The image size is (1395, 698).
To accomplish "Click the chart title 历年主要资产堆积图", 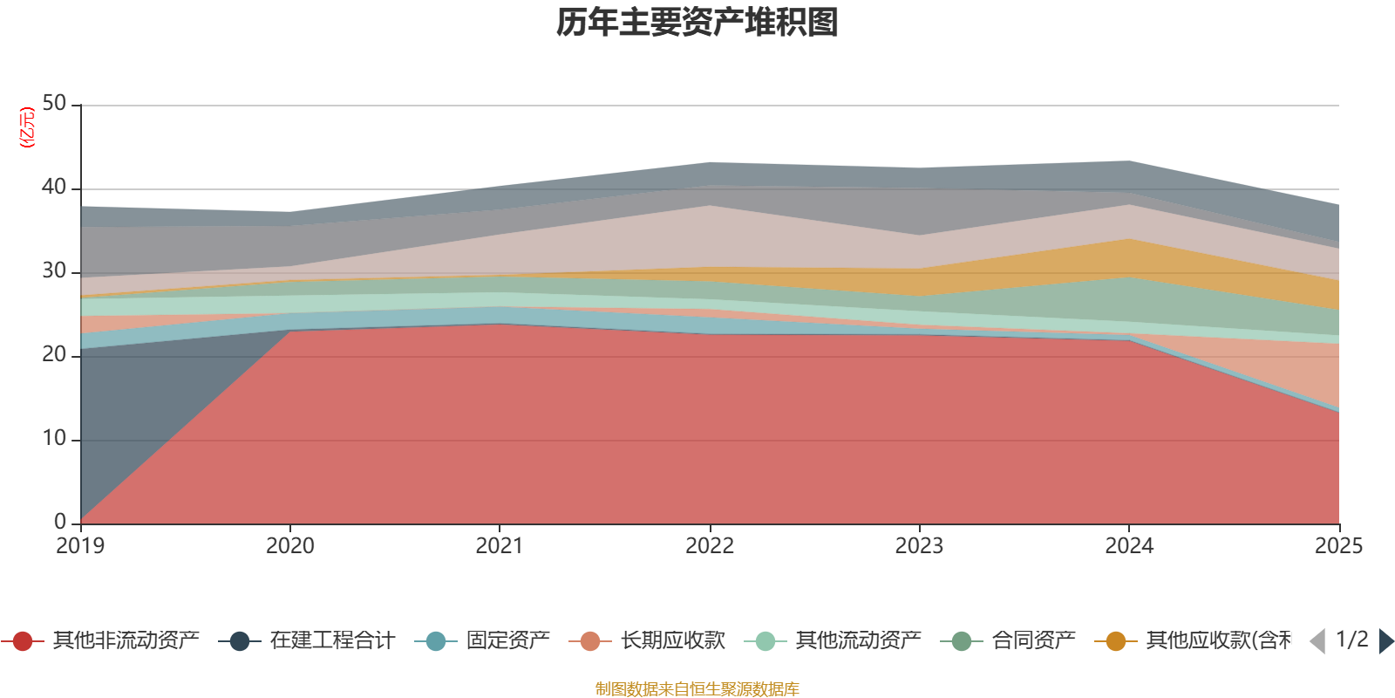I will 697,23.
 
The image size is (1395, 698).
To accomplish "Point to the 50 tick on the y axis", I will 54,104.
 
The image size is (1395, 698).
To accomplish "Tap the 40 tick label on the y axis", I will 54,188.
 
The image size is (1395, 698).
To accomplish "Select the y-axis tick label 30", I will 54,271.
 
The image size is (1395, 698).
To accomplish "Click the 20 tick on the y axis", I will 54,355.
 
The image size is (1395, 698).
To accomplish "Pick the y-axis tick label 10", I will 54,439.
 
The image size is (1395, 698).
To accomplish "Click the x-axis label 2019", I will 80,546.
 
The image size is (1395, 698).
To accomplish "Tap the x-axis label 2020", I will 289,546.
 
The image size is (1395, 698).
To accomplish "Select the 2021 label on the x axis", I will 499,546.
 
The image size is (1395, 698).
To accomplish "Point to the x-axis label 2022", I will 709,546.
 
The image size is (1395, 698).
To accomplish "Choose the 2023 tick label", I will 919,546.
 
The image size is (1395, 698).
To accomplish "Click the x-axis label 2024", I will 1129,546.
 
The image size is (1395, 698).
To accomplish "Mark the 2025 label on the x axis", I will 1338,546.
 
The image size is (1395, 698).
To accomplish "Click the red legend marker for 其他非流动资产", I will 23,641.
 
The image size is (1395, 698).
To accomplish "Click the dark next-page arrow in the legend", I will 1385,641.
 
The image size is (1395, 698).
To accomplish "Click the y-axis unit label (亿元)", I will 28,127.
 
